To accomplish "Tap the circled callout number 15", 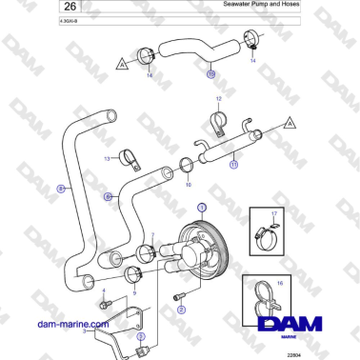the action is [x=210, y=72].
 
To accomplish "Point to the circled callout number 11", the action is [x=234, y=164].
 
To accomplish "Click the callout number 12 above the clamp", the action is [x=217, y=99].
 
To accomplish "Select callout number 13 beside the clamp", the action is [x=109, y=159].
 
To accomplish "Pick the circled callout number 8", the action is [x=61, y=190].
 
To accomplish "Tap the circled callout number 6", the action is [x=109, y=198].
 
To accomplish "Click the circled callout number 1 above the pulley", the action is [x=201, y=207].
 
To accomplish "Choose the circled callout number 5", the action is [x=140, y=336].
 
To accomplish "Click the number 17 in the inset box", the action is [x=274, y=214].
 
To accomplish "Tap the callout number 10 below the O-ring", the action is [x=189, y=184].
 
